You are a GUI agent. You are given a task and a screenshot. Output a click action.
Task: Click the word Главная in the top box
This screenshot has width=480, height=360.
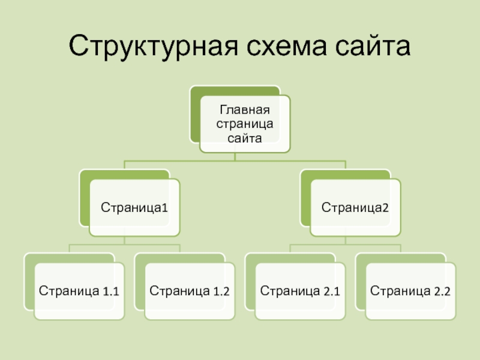(x=244, y=110)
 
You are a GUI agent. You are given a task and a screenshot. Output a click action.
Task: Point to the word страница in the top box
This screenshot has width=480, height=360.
(x=244, y=124)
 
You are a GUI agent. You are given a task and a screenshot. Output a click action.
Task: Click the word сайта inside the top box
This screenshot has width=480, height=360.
(x=244, y=138)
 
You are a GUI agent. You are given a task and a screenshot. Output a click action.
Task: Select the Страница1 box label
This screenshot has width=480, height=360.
(x=134, y=208)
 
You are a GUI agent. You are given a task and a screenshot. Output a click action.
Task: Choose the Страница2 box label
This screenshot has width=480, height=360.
(x=355, y=208)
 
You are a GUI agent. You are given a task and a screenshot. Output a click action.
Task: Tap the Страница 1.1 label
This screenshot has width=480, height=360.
(x=79, y=292)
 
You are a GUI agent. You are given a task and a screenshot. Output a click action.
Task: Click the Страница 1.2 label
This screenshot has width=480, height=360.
(x=189, y=292)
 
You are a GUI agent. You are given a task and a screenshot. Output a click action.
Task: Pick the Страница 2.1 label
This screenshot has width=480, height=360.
(x=300, y=292)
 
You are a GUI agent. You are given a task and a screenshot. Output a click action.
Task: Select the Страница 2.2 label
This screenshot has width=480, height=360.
(x=410, y=292)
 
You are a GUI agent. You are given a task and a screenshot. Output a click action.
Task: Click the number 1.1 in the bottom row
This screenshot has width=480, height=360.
(x=110, y=293)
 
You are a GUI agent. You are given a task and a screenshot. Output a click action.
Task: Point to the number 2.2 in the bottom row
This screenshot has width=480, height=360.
(x=442, y=293)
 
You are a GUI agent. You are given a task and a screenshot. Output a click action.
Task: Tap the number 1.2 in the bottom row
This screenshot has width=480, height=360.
(x=221, y=293)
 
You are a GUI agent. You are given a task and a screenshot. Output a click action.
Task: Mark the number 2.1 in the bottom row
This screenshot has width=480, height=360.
(x=332, y=293)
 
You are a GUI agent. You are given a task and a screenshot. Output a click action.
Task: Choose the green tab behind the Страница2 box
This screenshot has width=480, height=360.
(x=305, y=198)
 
